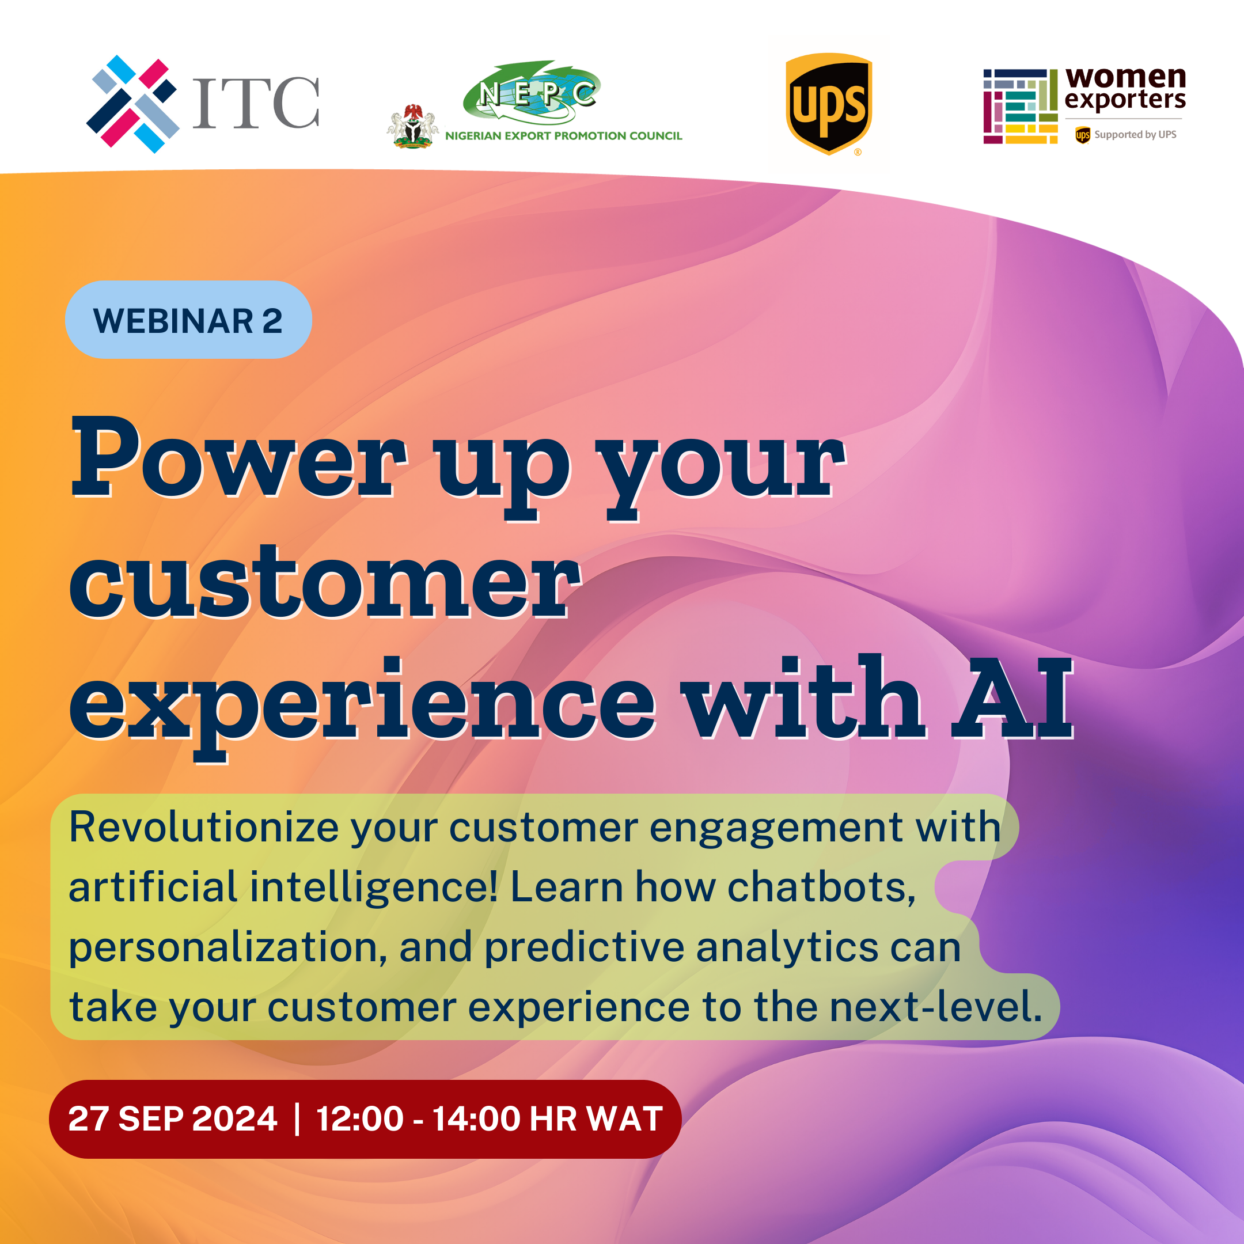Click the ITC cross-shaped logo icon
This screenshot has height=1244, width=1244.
point(132,104)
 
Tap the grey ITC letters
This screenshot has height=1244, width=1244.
point(256,103)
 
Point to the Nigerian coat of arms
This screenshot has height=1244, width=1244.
point(413,126)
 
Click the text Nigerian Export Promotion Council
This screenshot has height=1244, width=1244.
point(563,136)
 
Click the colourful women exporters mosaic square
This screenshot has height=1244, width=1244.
point(1021,106)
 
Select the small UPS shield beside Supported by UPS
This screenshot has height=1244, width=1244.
point(1082,135)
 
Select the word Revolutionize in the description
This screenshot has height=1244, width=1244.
point(204,827)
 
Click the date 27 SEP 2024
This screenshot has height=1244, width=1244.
point(173,1118)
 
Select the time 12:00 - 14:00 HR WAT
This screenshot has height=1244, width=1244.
point(490,1118)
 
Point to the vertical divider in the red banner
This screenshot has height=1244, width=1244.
point(297,1119)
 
